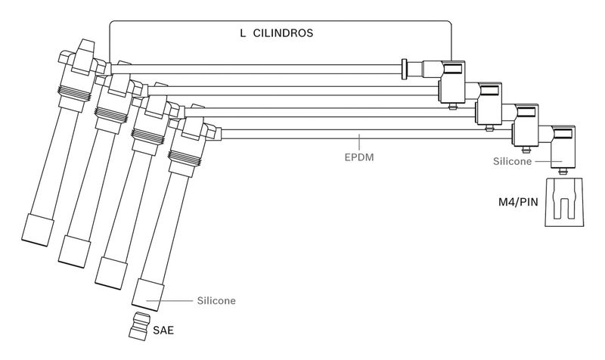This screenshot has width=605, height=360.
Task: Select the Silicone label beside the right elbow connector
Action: coord(512,161)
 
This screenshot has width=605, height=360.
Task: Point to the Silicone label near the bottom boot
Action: coord(216,300)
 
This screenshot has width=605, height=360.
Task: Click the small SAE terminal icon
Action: coord(139,326)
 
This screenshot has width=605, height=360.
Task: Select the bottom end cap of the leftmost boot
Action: coord(38,228)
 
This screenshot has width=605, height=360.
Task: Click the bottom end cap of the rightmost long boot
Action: coord(147,292)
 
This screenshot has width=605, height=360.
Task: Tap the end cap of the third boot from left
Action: coord(110,270)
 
